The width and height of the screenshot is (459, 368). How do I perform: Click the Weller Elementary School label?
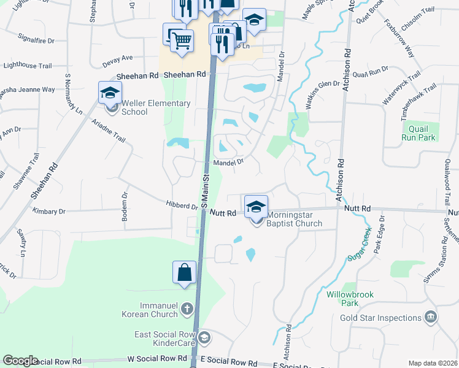pos(156,107)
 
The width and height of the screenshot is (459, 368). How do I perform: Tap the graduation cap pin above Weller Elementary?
pos(110,93)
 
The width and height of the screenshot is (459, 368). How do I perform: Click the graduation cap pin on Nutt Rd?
pos(256,206)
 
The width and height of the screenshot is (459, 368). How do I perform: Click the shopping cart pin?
pos(182,41)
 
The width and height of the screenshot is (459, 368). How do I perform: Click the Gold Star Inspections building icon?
pos(431,317)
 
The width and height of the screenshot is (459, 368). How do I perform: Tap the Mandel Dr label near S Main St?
pos(229,163)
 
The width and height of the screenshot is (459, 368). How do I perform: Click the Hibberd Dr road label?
pos(181,204)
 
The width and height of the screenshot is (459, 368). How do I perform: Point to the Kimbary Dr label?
pos(49,212)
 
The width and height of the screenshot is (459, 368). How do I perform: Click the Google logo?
pos(20,361)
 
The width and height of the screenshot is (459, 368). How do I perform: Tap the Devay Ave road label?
pos(118,58)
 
